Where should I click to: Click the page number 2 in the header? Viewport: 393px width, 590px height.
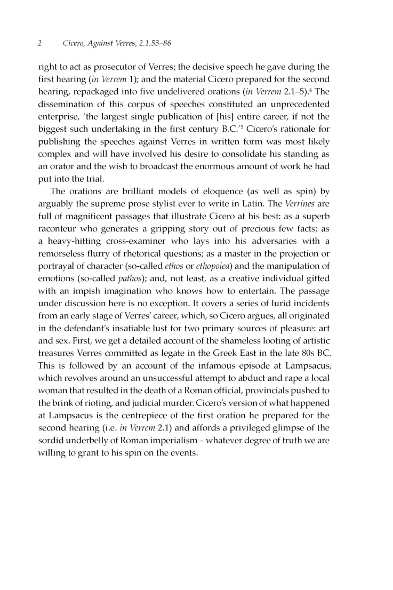(x=39, y=42)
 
